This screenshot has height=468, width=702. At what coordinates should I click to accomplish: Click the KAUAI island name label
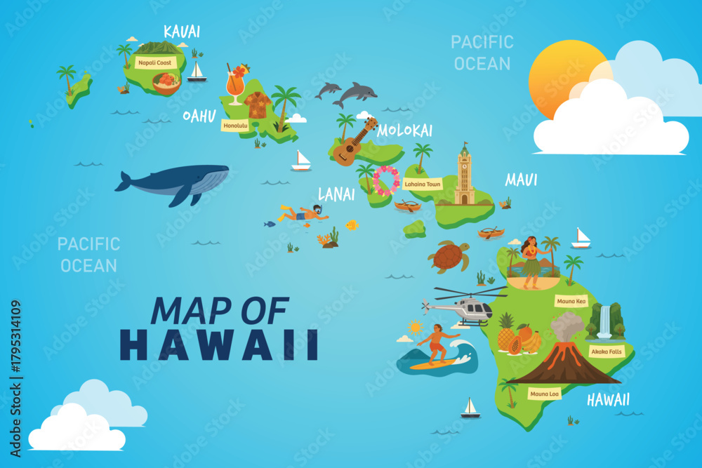click(182, 32)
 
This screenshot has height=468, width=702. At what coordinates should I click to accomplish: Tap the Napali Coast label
click(155, 62)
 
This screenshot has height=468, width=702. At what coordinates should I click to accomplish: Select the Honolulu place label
click(235, 126)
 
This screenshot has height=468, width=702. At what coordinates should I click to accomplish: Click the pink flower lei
click(385, 180)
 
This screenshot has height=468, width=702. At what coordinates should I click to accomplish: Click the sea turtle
click(449, 257)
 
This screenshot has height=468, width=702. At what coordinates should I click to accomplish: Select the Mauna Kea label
click(571, 302)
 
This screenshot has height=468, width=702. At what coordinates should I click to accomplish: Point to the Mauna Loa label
click(545, 394)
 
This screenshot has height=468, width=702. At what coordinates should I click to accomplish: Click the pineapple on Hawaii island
click(506, 334)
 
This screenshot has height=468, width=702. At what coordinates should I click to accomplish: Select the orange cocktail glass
click(235, 85)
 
